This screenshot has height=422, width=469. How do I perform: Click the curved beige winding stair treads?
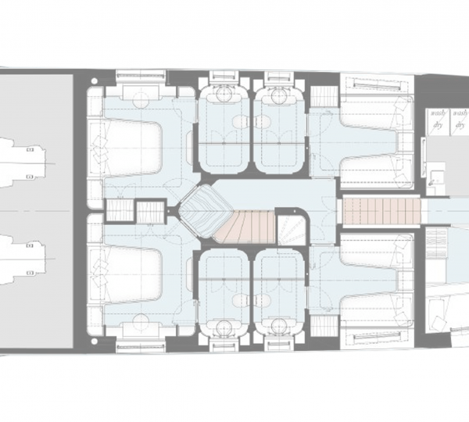coord(249,227)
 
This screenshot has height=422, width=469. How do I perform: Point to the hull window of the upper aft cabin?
coord(141,79)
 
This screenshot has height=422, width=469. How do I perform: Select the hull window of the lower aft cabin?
coord(141,342)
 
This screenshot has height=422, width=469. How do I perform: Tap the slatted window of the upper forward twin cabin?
coord(374,84)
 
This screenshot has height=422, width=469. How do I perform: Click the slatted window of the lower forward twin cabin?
coord(374,338)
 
